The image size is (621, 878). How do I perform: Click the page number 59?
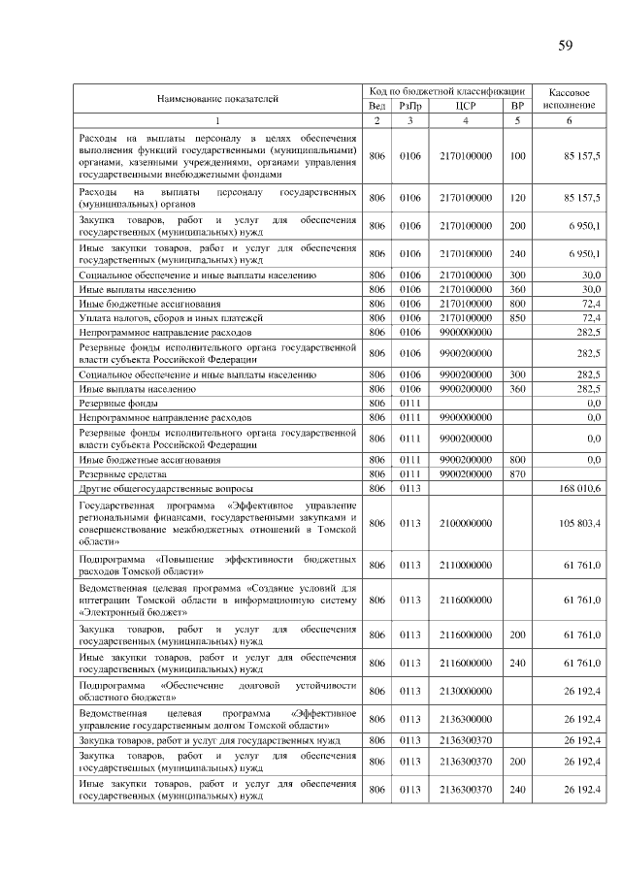tap(566, 46)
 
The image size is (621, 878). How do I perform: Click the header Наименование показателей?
tap(217, 98)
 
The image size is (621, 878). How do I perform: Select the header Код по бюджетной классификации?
tap(447, 90)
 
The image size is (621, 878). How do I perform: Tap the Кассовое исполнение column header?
tap(569, 97)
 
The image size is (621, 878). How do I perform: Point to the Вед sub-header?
tap(377, 106)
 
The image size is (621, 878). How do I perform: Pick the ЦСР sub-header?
tap(465, 106)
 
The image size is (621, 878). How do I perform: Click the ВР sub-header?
tap(517, 106)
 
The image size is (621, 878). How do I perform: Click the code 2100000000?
tap(465, 524)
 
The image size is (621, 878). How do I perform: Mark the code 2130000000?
tap(465, 691)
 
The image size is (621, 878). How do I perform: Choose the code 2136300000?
tap(465, 719)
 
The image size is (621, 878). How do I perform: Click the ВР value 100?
tap(517, 155)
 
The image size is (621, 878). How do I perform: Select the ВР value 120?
tap(517, 198)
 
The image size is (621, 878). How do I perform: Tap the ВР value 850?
tap(517, 317)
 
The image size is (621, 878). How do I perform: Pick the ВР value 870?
tap(517, 474)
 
